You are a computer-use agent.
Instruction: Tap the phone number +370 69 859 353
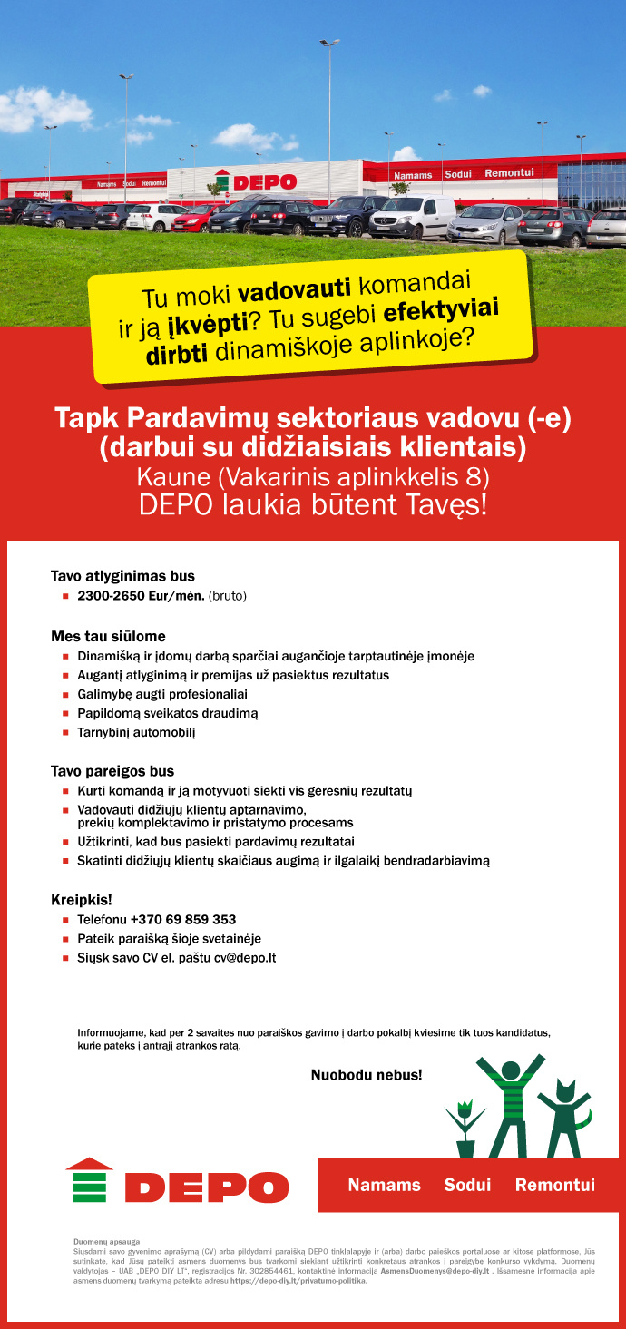point(182,919)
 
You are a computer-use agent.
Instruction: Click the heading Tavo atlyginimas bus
point(122,575)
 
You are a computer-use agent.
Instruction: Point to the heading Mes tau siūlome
point(108,636)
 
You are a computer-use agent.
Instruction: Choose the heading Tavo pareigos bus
point(112,771)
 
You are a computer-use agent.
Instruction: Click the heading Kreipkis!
point(81,900)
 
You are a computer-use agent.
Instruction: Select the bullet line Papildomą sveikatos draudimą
point(168,713)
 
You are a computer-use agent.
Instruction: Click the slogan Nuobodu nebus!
point(367,1075)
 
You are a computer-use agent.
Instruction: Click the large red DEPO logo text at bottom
point(206,1187)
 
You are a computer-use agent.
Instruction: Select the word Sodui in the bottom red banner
point(467,1185)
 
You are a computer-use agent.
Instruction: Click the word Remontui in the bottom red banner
point(555,1185)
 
